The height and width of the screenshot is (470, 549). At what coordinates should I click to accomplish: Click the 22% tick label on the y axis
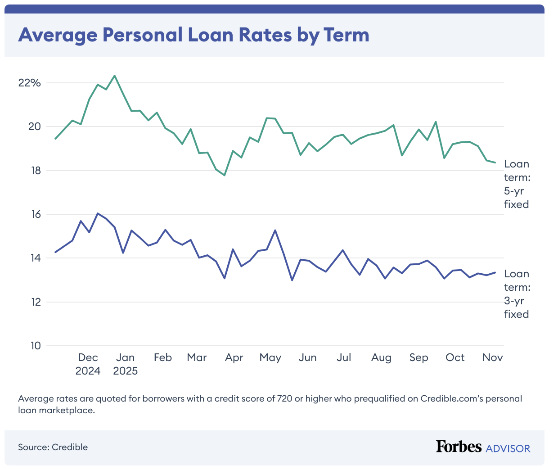[x=29, y=83]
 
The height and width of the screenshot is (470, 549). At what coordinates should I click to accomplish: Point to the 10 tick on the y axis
[x=35, y=346]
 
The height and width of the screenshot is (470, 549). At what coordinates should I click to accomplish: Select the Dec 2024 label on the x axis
[x=88, y=364]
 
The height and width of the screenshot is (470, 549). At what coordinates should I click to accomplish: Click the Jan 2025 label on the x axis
[x=125, y=364]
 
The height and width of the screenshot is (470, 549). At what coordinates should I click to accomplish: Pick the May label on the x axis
[x=270, y=357]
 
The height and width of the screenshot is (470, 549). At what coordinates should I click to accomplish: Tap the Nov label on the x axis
[x=492, y=357]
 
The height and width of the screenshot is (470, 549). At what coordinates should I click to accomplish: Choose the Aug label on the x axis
[x=381, y=357]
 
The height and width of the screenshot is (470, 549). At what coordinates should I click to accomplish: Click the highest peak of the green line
[x=114, y=76]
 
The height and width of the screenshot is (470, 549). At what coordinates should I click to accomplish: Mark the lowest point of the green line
[x=224, y=175]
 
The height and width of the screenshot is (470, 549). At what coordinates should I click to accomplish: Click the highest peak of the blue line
[x=98, y=213]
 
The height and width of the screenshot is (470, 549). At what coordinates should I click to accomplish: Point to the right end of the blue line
[x=495, y=272]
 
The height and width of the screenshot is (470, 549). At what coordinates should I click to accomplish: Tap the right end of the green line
[x=495, y=163]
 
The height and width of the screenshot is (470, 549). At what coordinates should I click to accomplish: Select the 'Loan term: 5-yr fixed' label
[x=516, y=184]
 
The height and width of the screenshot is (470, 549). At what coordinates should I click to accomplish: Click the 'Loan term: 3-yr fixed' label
[x=516, y=294]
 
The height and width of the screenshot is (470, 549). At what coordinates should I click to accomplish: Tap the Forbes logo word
[x=459, y=447]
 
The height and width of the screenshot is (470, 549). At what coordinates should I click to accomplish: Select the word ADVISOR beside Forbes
[x=508, y=448]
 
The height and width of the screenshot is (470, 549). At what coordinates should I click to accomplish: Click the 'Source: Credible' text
[x=53, y=447]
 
